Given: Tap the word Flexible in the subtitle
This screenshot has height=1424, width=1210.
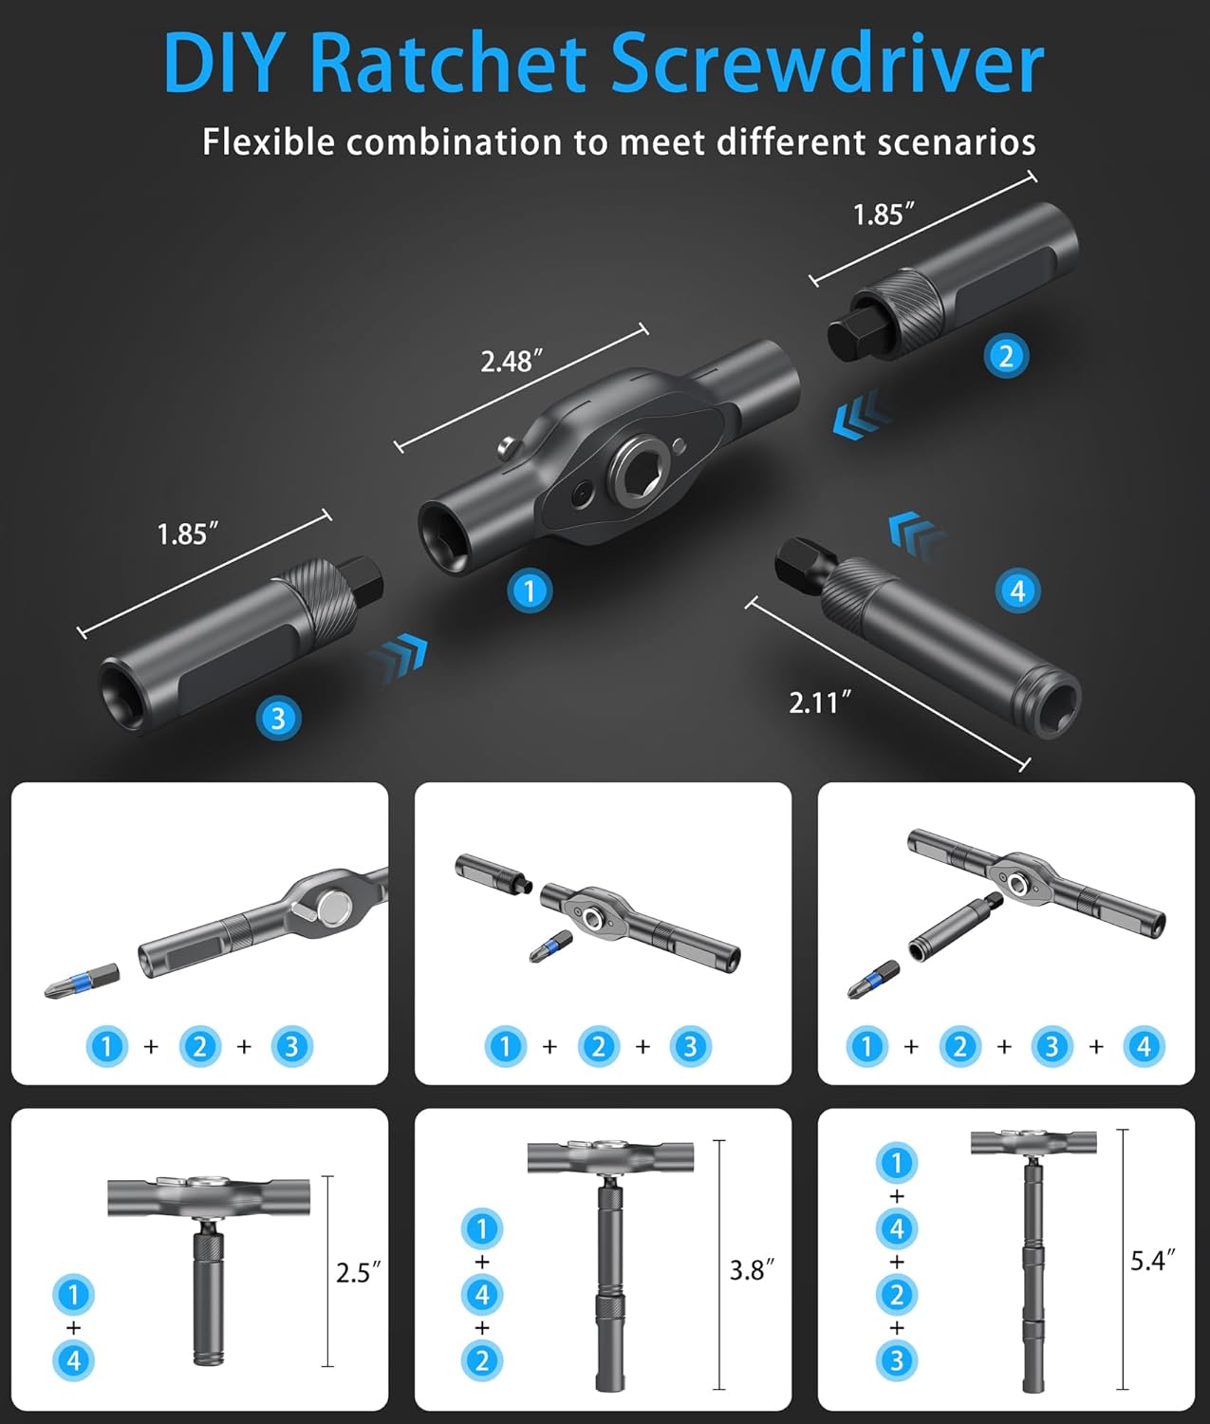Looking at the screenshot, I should pyautogui.click(x=269, y=142).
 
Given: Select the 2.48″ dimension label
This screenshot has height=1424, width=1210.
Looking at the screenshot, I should pyautogui.click(x=512, y=362).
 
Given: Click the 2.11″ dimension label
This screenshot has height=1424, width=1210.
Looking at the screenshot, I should pyautogui.click(x=820, y=703).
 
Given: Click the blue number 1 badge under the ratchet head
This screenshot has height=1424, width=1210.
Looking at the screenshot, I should pyautogui.click(x=529, y=591).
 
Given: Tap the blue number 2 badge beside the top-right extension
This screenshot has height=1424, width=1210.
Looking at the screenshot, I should pyautogui.click(x=1006, y=356).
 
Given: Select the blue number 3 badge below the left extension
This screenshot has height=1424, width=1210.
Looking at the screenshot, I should pyautogui.click(x=278, y=718).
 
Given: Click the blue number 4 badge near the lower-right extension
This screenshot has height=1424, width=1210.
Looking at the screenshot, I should pyautogui.click(x=1018, y=591).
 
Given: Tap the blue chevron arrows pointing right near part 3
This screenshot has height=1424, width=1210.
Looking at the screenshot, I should pyautogui.click(x=397, y=656).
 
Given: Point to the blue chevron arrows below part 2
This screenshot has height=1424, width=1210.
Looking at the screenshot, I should pyautogui.click(x=859, y=417).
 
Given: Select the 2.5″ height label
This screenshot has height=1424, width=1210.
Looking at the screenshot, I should pyautogui.click(x=358, y=1273).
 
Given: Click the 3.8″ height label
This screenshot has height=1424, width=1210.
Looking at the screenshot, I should pyautogui.click(x=752, y=1270).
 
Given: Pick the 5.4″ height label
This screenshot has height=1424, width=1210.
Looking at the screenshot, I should pyautogui.click(x=1153, y=1261).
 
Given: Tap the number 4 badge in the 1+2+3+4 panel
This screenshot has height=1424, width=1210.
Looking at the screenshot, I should pyautogui.click(x=1144, y=1046).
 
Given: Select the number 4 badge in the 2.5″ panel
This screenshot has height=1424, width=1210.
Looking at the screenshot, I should pyautogui.click(x=74, y=1360).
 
